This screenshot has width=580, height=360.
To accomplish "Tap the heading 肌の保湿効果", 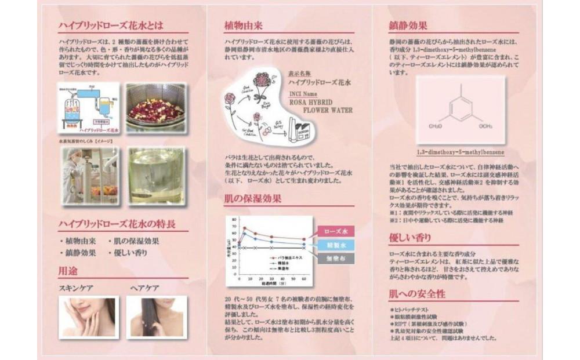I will [x=253, y=199].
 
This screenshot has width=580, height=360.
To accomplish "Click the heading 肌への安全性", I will [x=418, y=293].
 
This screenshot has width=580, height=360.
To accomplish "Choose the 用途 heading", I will [x=68, y=270].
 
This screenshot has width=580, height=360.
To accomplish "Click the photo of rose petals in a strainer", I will [x=155, y=107].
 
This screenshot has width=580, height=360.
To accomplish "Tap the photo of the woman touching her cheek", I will [x=89, y=317].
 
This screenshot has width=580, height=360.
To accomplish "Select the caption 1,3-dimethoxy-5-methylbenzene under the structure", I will [x=459, y=152].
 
